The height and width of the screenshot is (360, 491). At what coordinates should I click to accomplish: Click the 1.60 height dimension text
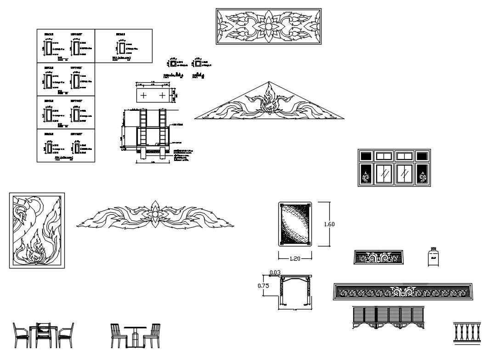click(x=329, y=224)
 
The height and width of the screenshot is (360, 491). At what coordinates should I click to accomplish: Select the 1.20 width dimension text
click(x=294, y=258)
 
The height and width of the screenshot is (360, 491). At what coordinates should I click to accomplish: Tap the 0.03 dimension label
click(x=275, y=273)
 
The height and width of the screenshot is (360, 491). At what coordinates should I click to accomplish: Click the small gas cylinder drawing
click(x=432, y=257)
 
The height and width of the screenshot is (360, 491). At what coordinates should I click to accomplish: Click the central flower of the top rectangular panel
click(x=268, y=27)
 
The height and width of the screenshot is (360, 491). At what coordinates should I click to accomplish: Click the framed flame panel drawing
click(x=37, y=230)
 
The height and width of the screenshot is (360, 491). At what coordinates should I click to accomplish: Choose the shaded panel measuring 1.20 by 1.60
click(x=294, y=224)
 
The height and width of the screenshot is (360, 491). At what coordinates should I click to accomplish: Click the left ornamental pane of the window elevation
click(x=366, y=176)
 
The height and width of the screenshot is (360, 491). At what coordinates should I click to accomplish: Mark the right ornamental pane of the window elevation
click(x=422, y=176)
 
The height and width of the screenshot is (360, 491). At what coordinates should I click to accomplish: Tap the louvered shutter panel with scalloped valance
click(x=388, y=317)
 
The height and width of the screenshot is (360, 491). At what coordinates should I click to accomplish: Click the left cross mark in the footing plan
click(x=144, y=96)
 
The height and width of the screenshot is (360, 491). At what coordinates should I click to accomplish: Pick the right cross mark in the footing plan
click(x=162, y=96)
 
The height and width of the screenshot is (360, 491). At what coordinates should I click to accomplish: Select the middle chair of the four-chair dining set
click(x=44, y=335)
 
